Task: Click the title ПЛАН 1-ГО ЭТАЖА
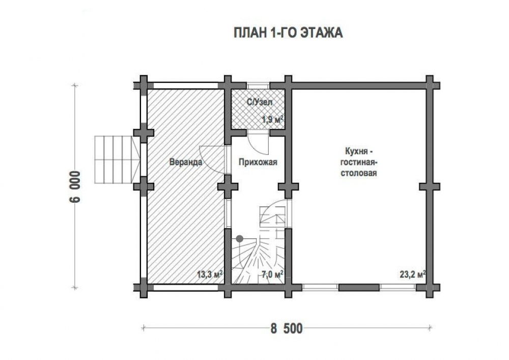pyautogui.click(x=288, y=33)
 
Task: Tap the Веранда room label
pyautogui.click(x=186, y=161)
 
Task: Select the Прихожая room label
pyautogui.click(x=258, y=161)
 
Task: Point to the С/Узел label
pyautogui.click(x=260, y=102)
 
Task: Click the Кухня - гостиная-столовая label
pyautogui.click(x=358, y=162)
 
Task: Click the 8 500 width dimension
pyautogui.click(x=286, y=328)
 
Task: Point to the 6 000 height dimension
pyautogui.click(x=74, y=186)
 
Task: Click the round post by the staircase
pyautogui.click(x=240, y=239)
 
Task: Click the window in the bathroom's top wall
pyautogui.click(x=258, y=86)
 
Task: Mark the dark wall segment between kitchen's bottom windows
pyautogui.click(x=359, y=287)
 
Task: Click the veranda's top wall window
pyautogui.click(x=186, y=86)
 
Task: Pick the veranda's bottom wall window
pyautogui.click(x=186, y=287)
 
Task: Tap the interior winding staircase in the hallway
pyautogui.click(x=260, y=247)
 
